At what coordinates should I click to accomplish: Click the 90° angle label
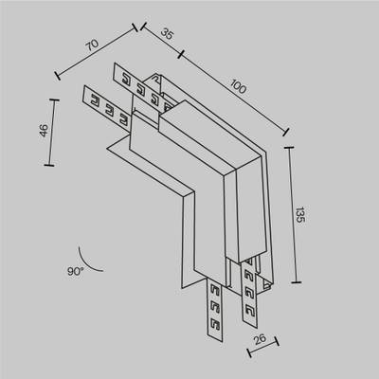tap(76, 271)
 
